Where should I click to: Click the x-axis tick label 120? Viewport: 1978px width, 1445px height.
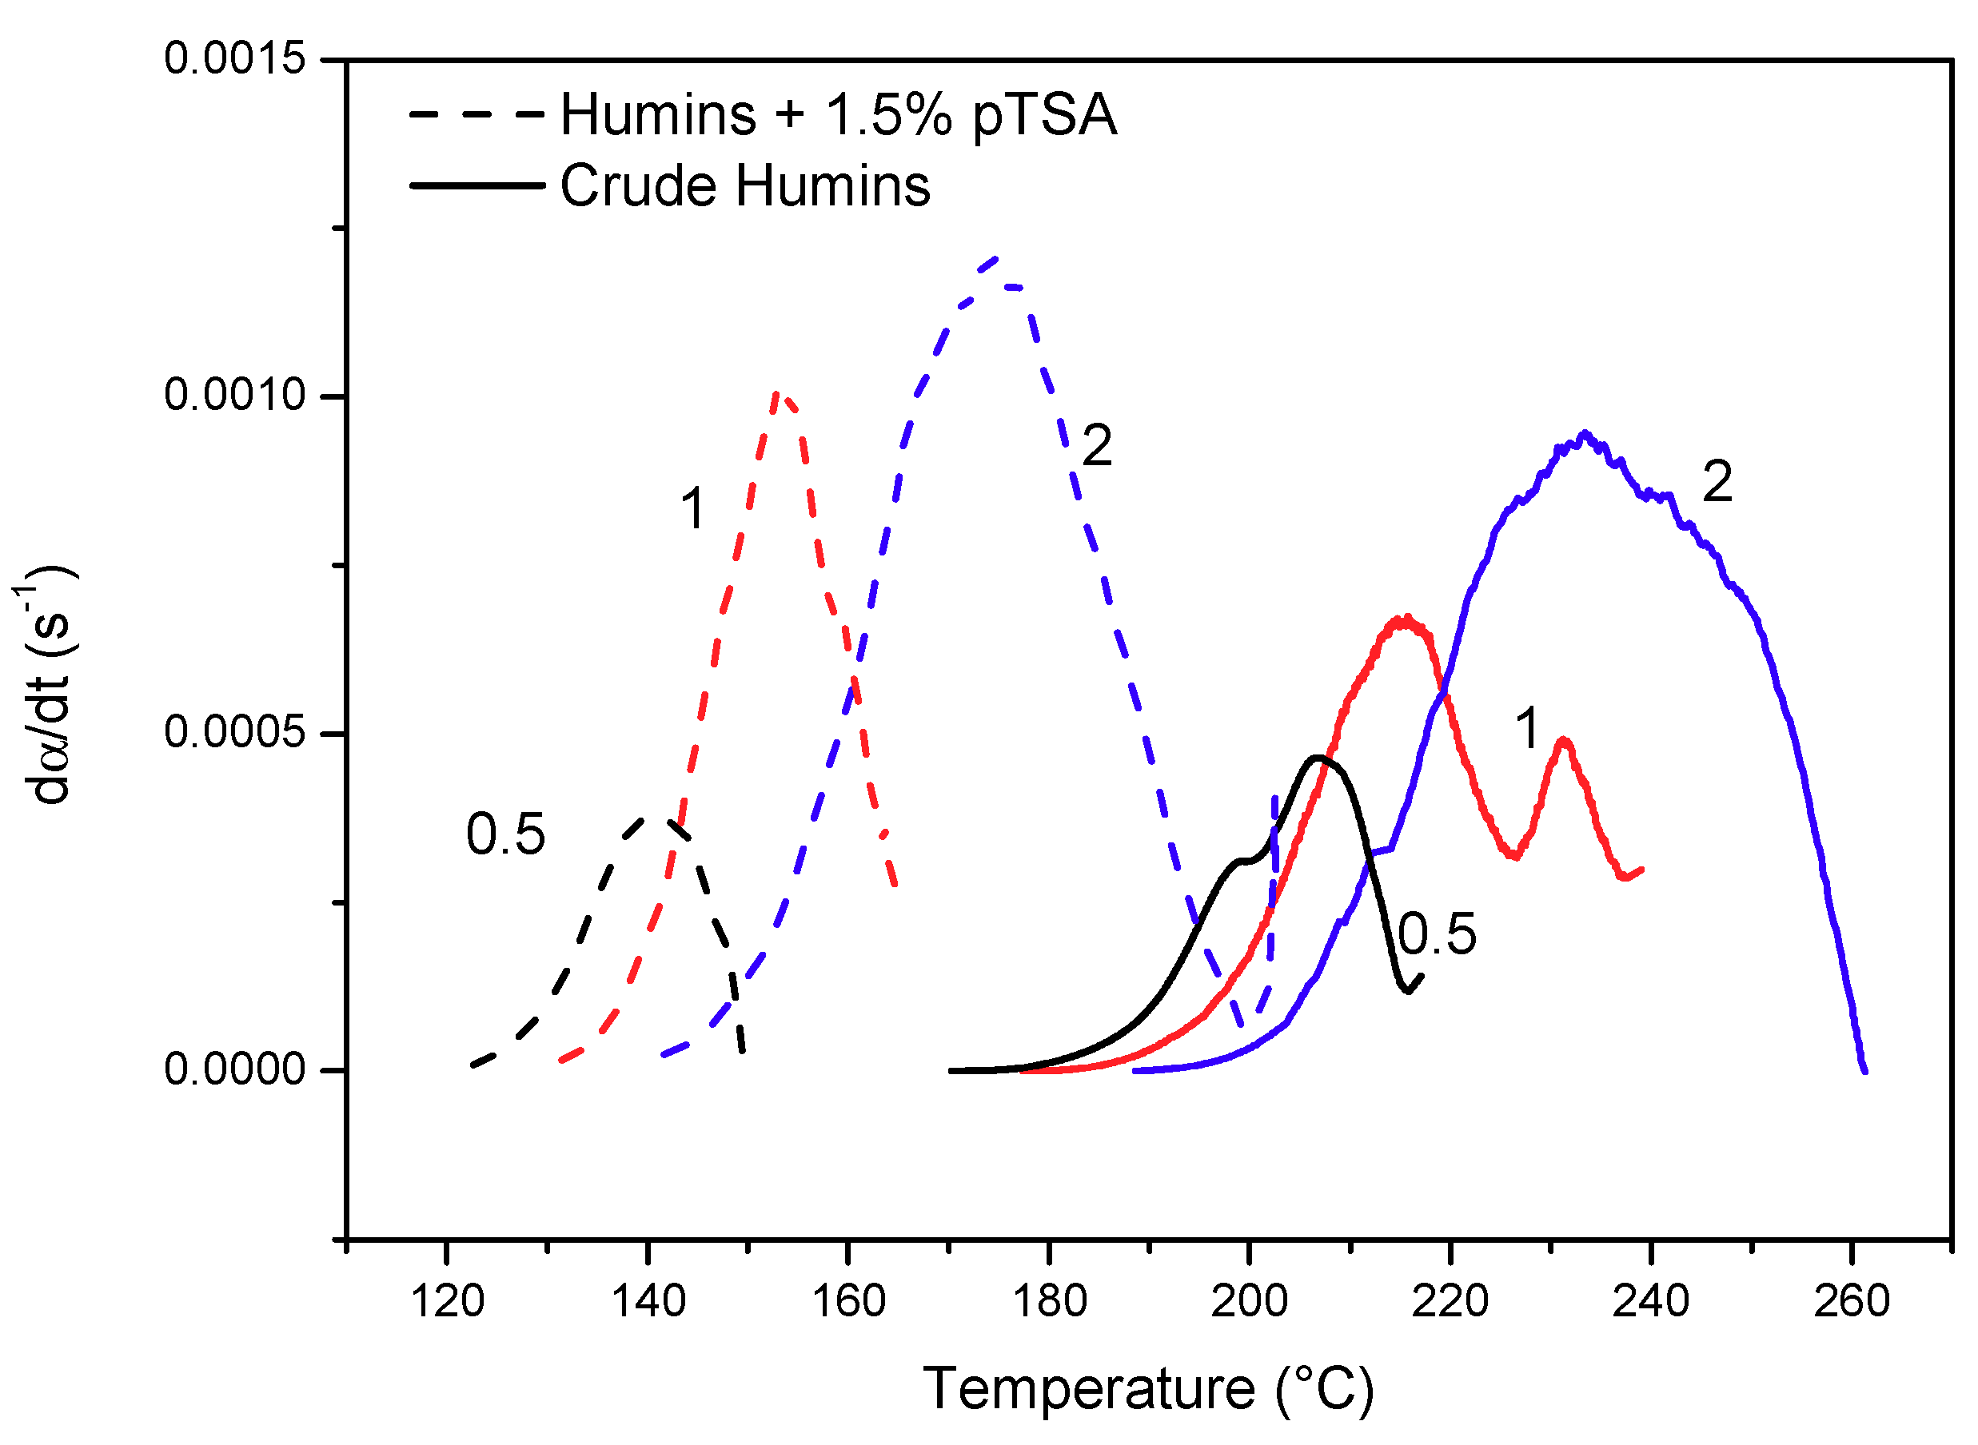(447, 1303)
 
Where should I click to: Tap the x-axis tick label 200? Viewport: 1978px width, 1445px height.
(1250, 1303)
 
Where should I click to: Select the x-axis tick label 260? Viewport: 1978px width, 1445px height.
(1851, 1303)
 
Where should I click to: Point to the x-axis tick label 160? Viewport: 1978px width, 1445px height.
(848, 1303)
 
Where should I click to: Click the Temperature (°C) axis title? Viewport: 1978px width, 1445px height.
(1149, 1389)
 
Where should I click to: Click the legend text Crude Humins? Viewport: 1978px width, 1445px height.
(745, 185)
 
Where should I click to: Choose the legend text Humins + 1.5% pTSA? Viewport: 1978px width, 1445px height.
(838, 114)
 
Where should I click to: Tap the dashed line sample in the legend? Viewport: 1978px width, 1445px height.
(477, 114)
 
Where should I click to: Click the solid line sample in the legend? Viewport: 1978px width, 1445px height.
(477, 185)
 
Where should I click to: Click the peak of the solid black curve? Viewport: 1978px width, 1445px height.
(1318, 758)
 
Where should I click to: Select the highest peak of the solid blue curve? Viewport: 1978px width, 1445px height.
(1585, 434)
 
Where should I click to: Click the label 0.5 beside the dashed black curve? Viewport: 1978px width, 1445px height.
(505, 834)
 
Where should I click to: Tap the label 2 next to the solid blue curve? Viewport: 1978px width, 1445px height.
(1717, 482)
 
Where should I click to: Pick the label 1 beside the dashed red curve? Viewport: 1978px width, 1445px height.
(693, 509)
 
